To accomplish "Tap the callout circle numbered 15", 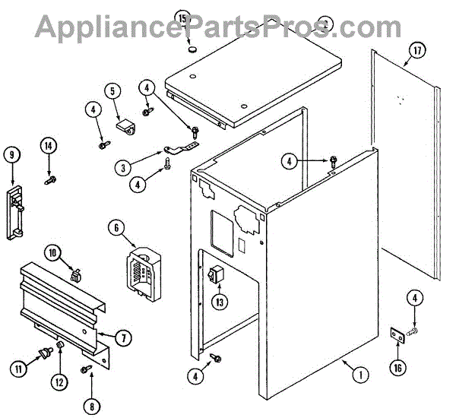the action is click(182, 17).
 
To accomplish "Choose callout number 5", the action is click(112, 92).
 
